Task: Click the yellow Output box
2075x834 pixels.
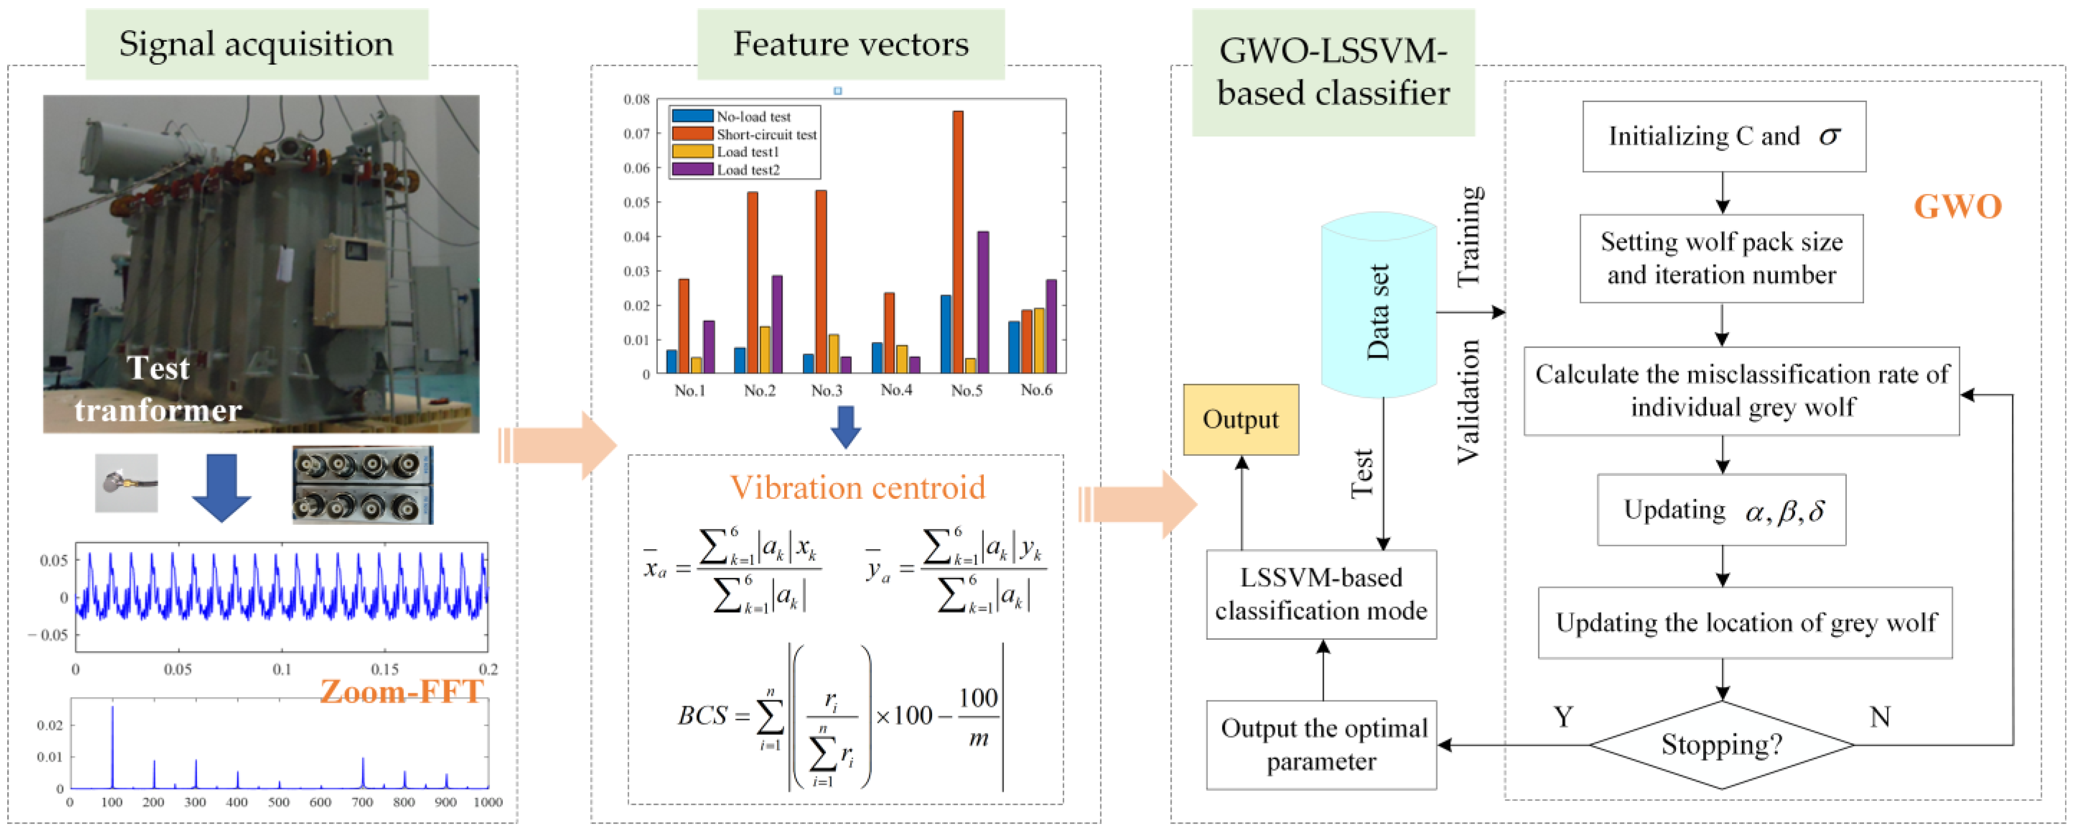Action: click(x=1241, y=420)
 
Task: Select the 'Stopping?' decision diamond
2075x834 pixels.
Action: click(x=1721, y=744)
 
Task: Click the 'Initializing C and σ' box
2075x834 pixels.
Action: click(x=1724, y=136)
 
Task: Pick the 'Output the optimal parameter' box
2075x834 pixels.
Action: click(x=1321, y=744)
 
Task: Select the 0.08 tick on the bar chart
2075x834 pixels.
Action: click(x=636, y=99)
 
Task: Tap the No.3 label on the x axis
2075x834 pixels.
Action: click(x=826, y=391)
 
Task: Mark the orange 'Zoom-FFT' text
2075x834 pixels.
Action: click(x=401, y=691)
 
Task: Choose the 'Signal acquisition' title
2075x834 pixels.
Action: click(x=256, y=44)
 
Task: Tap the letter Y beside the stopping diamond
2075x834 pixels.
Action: click(x=1563, y=716)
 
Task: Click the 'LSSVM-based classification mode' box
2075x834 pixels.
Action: click(x=1321, y=595)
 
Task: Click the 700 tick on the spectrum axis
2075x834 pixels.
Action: click(x=363, y=802)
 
